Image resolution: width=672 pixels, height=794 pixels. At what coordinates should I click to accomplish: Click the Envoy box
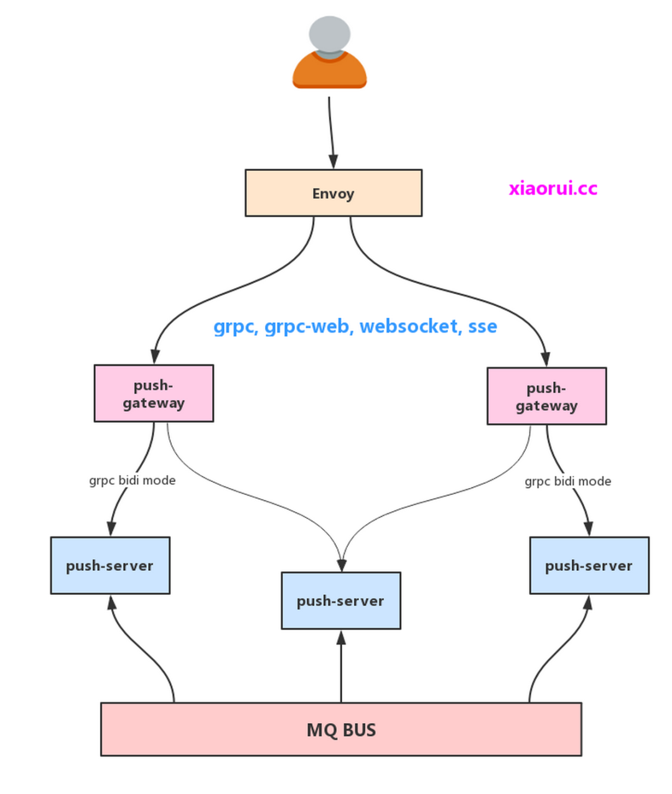(334, 193)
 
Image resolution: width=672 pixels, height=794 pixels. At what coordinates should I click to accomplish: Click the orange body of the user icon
(330, 72)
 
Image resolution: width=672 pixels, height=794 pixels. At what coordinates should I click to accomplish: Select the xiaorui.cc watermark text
(553, 188)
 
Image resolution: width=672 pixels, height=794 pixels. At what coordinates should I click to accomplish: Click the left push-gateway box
(154, 394)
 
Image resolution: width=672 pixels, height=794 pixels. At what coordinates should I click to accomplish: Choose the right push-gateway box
(546, 397)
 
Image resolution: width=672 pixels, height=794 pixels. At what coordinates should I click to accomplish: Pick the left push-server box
(110, 566)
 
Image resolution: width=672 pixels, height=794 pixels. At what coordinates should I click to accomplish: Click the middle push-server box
(341, 601)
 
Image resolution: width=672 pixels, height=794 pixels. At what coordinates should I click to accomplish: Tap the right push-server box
(589, 566)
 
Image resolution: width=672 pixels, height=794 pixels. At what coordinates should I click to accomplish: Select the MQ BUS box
(341, 729)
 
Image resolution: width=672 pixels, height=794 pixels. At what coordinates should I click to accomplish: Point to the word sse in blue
(482, 326)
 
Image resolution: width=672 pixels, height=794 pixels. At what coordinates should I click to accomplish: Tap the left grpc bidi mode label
(132, 481)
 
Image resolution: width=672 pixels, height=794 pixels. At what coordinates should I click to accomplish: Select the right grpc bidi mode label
(567, 481)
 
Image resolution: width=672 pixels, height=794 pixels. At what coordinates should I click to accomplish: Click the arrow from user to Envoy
(331, 131)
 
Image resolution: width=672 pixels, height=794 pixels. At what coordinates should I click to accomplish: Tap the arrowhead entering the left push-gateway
(155, 356)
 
